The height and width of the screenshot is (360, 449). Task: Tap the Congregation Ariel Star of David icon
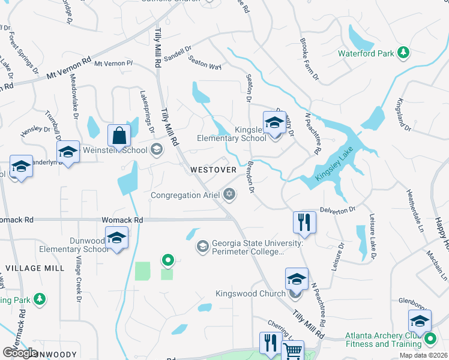click(229, 194)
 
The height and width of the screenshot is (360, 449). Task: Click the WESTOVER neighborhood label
click(213, 170)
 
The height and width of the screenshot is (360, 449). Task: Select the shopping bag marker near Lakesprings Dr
click(119, 136)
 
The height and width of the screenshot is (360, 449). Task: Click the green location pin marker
click(168, 260)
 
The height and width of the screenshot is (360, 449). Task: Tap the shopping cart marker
click(292, 350)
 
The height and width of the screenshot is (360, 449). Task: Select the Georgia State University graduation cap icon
click(202, 246)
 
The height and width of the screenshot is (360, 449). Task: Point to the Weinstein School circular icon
click(157, 149)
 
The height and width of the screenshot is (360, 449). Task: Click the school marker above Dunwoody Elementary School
click(116, 238)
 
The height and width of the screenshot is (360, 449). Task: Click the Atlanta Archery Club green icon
click(430, 340)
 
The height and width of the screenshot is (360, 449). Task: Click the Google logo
click(19, 353)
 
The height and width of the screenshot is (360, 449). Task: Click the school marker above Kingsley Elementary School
click(274, 122)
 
